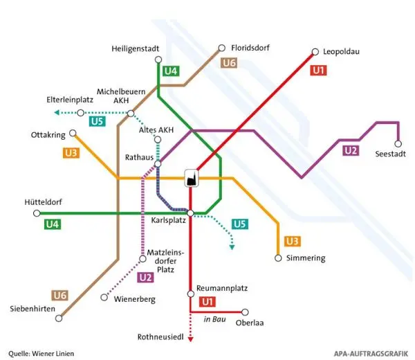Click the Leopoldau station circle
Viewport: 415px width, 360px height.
tap(315, 51)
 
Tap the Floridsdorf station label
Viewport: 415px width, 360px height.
tap(250, 48)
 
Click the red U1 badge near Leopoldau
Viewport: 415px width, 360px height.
tap(319, 71)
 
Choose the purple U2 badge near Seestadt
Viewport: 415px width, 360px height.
tap(351, 150)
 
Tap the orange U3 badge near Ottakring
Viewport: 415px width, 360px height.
tap(71, 153)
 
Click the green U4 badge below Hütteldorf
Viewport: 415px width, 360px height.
tap(53, 224)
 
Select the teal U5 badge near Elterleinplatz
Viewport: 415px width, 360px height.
tap(97, 122)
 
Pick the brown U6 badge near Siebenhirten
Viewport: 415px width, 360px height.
tap(60, 296)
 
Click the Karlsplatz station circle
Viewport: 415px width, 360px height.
tap(191, 213)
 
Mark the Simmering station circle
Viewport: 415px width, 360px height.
tap(278, 258)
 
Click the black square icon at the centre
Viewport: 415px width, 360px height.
tap(191, 179)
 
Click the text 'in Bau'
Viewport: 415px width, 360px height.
tap(214, 319)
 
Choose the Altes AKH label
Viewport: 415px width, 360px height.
tap(156, 130)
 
